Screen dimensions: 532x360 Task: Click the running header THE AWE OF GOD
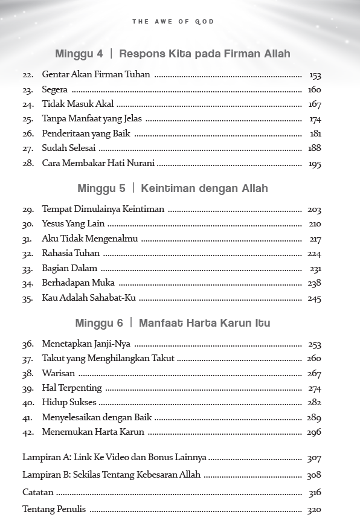pos(173,22)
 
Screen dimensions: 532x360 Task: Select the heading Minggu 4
pos(79,54)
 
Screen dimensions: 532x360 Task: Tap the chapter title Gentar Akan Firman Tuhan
pos(96,75)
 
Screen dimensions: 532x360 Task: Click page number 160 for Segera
pos(314,90)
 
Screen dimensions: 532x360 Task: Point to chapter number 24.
pos(28,104)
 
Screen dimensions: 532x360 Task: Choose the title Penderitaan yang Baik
pos(86,133)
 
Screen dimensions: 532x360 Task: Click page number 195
pos(314,164)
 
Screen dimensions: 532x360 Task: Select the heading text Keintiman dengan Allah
pos(204,188)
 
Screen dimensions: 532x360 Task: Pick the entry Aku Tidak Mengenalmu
pos(89,239)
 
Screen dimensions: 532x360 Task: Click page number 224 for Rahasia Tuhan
pos(314,254)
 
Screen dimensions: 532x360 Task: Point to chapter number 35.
pos(28,298)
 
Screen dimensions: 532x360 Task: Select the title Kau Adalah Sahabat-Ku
pos(89,298)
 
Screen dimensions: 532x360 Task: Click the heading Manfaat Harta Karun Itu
pos(204,323)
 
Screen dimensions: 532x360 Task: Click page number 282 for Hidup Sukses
pos(314,403)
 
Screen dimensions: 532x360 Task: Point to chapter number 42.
pos(28,432)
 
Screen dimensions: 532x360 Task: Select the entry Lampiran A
pos(114,458)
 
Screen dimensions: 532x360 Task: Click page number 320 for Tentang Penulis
pos(314,510)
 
